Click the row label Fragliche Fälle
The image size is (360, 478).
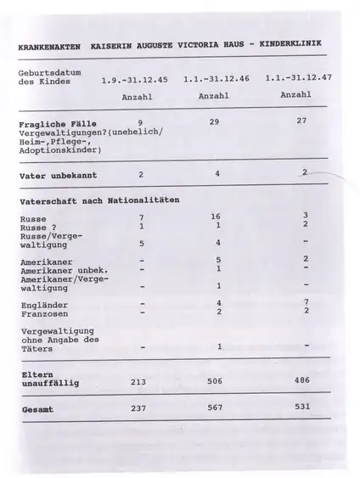point(53,124)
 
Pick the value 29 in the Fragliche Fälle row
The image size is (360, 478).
point(214,122)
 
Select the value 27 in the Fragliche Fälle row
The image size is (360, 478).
point(301,121)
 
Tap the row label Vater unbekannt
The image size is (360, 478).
point(58,176)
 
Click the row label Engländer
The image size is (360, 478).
point(43,304)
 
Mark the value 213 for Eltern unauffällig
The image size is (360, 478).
point(138,382)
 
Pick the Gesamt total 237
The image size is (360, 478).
point(138,408)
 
